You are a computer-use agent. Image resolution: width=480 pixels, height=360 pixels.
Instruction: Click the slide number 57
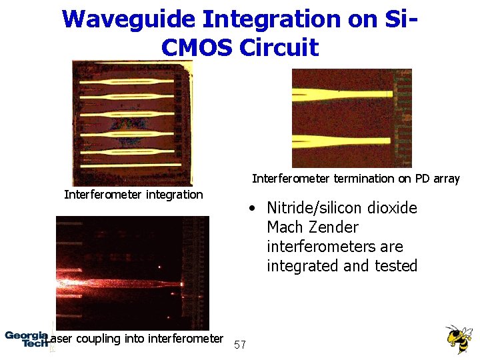(x=241, y=345)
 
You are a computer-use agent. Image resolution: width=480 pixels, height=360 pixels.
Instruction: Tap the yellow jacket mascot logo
(x=458, y=338)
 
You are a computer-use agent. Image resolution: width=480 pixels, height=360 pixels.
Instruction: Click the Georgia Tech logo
(x=26, y=338)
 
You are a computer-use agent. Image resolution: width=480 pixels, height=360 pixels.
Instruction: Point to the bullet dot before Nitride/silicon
(x=251, y=209)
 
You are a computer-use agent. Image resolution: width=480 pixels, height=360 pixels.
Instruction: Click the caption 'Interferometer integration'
(x=133, y=195)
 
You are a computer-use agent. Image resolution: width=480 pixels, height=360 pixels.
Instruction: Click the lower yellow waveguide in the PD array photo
(x=347, y=141)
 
